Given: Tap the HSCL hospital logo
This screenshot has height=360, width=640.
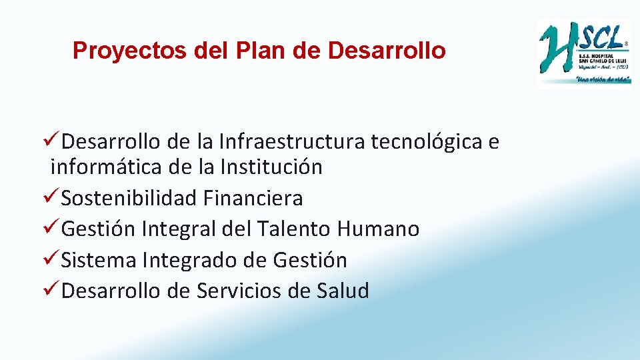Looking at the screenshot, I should coord(583,53).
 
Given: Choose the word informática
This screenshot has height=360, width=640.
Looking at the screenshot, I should coord(107,167).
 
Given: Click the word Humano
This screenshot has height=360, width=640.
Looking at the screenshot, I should coord(379,229).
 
